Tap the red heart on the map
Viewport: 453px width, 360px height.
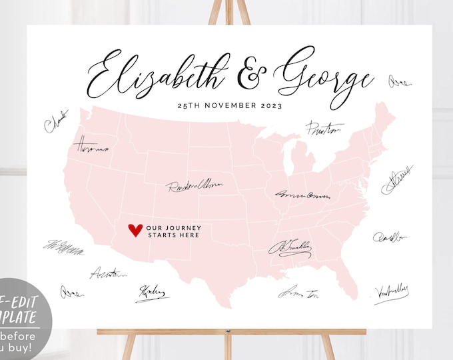click(135, 231)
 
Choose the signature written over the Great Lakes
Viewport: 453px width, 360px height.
click(323, 129)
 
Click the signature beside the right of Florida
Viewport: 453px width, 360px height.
click(391, 291)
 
